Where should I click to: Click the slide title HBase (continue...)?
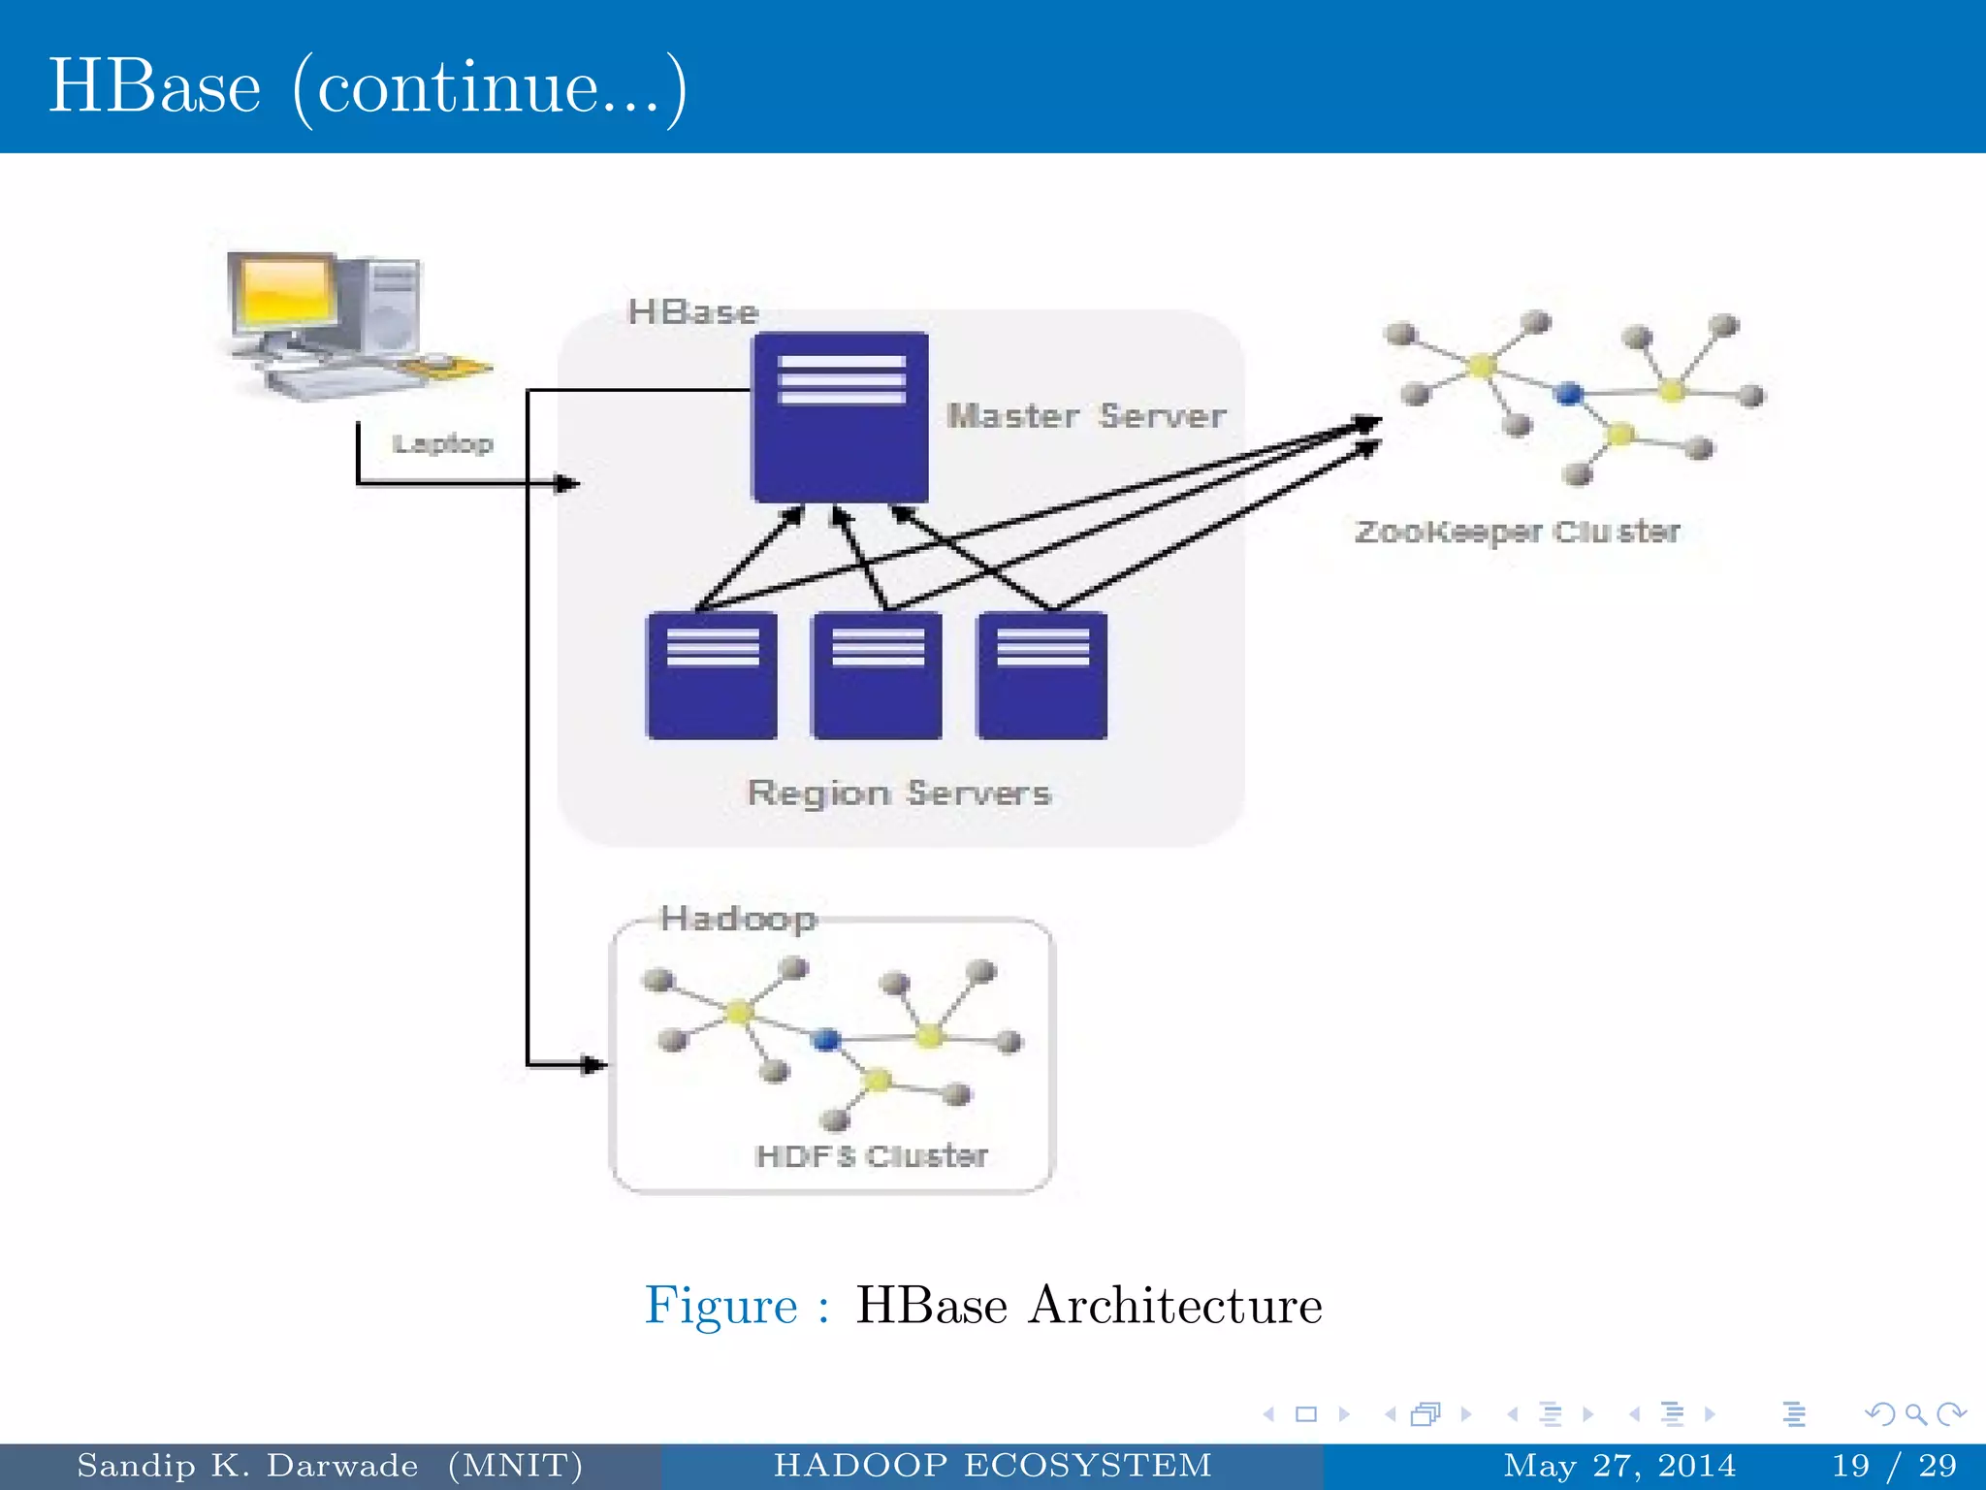368,87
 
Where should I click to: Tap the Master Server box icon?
840,417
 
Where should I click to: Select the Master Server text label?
1086,416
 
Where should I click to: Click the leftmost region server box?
712,676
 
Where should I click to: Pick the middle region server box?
877,676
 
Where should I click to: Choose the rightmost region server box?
1042,676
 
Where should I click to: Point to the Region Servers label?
899,793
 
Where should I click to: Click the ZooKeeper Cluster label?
1517,532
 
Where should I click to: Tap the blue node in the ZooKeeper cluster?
1568,393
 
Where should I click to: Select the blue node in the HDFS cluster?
826,1040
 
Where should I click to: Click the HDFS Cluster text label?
871,1155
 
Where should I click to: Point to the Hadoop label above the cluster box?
738,918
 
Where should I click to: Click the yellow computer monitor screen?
283,290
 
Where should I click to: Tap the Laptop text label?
442,443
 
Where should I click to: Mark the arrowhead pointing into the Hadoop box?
593,1065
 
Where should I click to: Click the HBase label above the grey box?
692,312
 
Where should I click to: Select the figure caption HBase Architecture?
1088,1305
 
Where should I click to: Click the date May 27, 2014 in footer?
1619,1465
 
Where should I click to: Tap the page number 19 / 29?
1893,1465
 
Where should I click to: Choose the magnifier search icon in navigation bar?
1915,1414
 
